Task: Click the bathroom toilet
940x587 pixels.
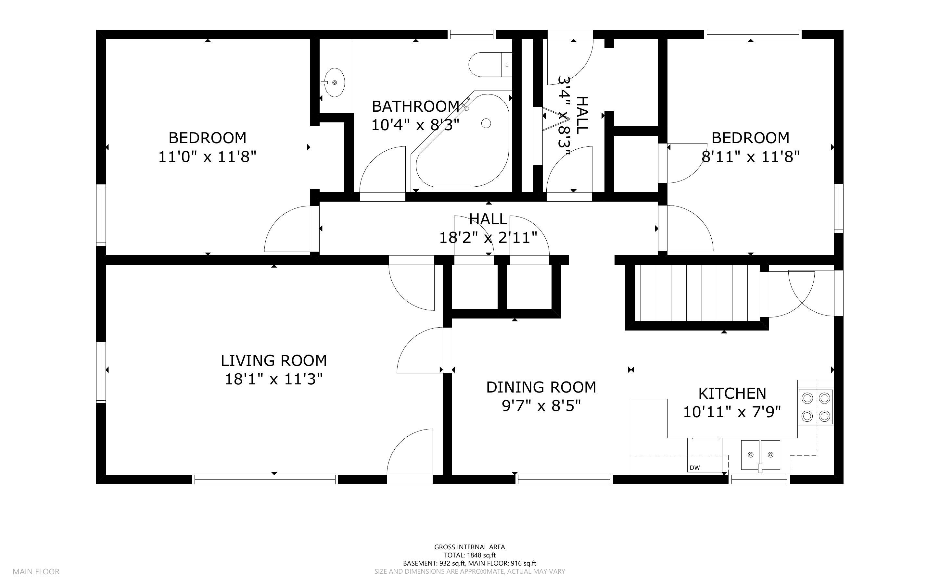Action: (x=490, y=64)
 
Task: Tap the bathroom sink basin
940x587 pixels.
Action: (x=334, y=83)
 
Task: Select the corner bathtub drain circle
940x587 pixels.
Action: (x=486, y=123)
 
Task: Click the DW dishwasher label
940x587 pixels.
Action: (x=695, y=468)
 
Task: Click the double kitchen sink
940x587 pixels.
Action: (x=760, y=455)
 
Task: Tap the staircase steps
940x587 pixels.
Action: (x=697, y=293)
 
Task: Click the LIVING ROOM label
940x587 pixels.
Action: (x=274, y=361)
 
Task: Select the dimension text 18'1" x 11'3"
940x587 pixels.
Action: (x=274, y=379)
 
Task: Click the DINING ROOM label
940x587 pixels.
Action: (x=541, y=387)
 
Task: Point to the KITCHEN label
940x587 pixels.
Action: (x=732, y=393)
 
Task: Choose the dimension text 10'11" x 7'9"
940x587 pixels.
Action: (x=732, y=412)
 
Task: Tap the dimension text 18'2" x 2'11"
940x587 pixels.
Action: (x=488, y=237)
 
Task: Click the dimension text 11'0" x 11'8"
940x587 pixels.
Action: (x=207, y=157)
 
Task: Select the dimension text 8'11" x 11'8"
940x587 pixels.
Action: (x=751, y=157)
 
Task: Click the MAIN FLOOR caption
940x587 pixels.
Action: (x=36, y=571)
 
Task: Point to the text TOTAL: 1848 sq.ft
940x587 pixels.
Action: (x=470, y=555)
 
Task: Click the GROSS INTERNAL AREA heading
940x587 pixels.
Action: (x=470, y=547)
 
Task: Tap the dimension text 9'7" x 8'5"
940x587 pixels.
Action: (x=541, y=406)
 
